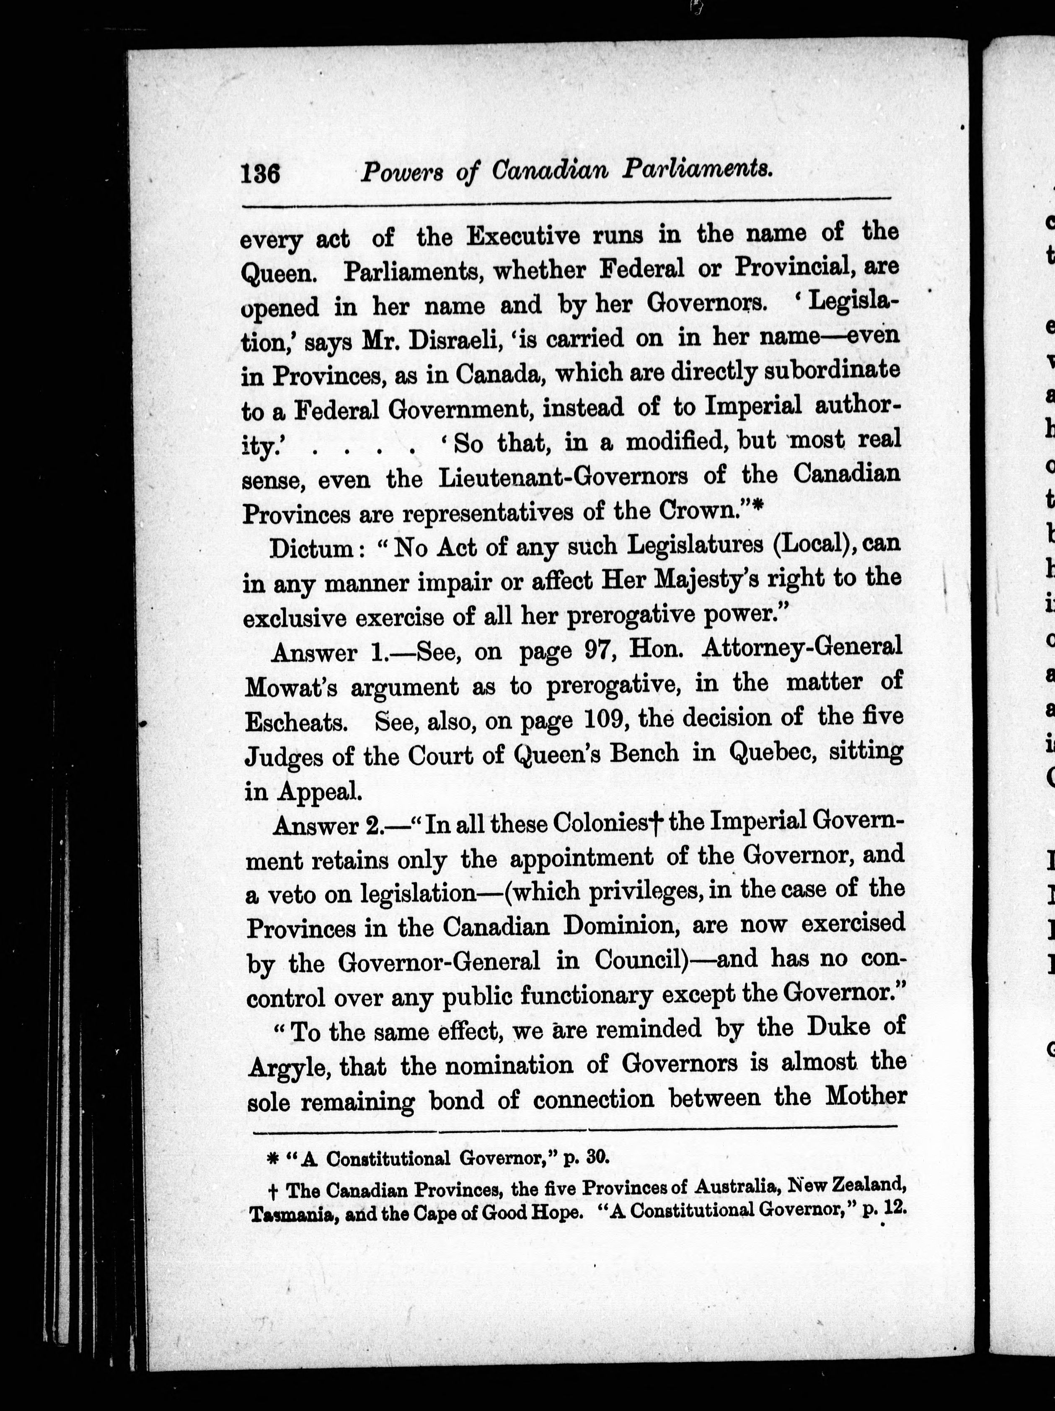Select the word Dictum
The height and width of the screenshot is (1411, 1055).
coord(310,548)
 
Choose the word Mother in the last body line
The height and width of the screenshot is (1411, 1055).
coord(866,1096)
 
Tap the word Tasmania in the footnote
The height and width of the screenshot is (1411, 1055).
coord(293,1215)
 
